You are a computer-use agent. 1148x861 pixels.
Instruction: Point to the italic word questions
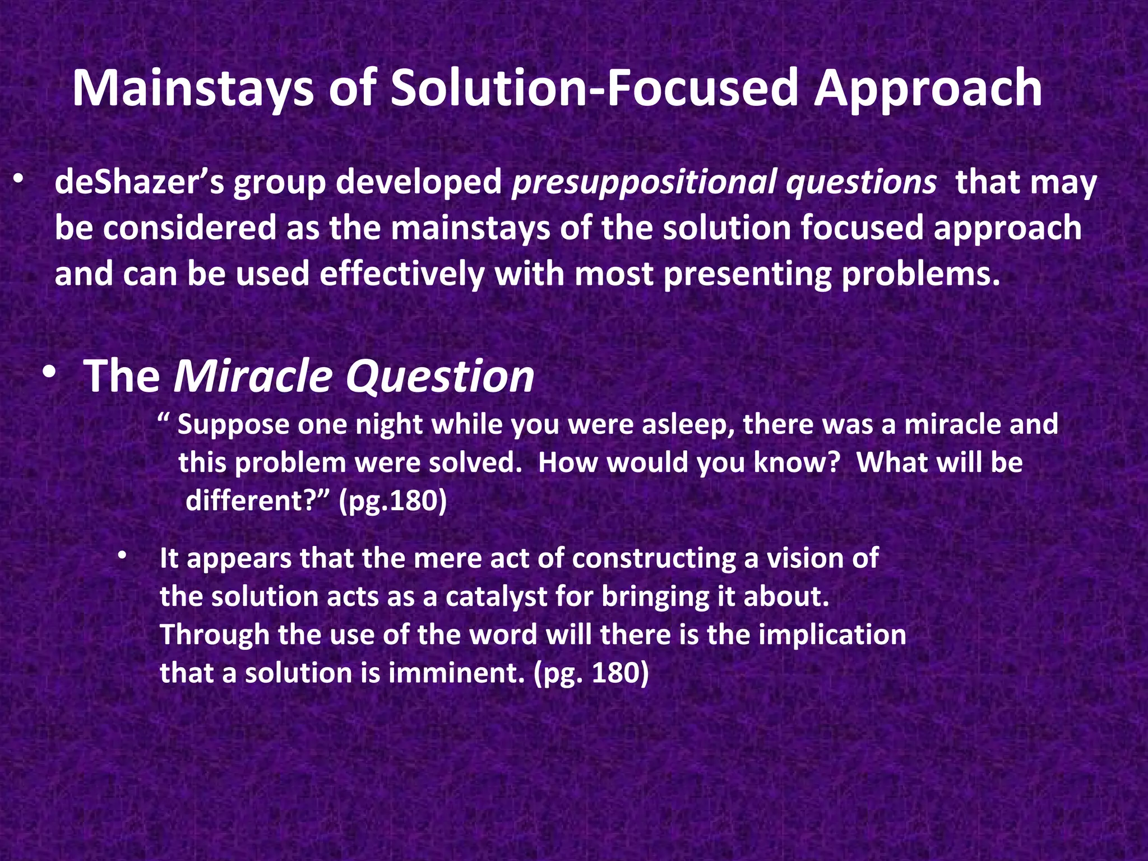(860, 184)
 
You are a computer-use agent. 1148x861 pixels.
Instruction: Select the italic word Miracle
(253, 377)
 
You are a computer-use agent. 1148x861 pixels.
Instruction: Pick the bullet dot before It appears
(123, 556)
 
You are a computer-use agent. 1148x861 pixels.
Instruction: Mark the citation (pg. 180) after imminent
(591, 673)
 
